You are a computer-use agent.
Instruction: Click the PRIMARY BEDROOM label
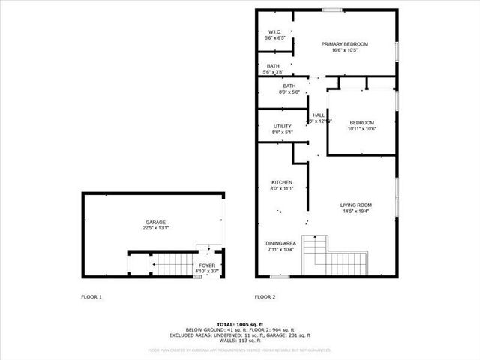[x=345, y=44]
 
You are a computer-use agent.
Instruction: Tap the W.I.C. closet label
[x=274, y=31]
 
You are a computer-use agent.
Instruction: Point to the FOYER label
[x=206, y=265]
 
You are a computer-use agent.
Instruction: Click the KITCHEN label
[x=282, y=182]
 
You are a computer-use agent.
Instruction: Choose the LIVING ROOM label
[x=356, y=205]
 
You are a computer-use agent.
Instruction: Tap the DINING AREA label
[x=281, y=243]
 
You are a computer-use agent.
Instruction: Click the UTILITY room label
[x=282, y=126]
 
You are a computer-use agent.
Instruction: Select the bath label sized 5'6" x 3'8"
[x=273, y=66]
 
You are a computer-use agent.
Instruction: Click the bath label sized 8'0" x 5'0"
[x=289, y=87]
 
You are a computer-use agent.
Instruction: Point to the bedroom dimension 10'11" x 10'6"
[x=361, y=129]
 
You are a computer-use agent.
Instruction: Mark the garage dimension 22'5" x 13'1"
[x=156, y=228]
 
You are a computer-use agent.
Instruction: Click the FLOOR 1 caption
[x=91, y=297]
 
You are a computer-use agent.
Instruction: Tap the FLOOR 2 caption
[x=265, y=297]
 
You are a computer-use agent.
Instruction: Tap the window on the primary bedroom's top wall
[x=333, y=10]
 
